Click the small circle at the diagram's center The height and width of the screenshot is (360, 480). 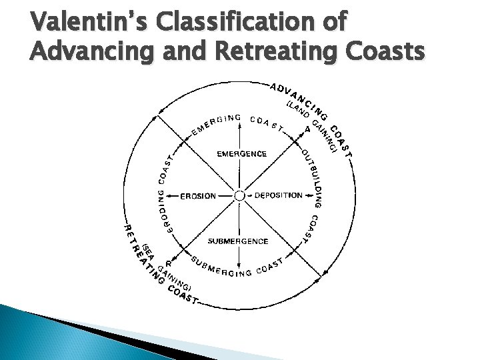point(239,196)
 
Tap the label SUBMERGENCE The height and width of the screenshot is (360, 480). point(238,241)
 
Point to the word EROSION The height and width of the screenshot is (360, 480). point(198,196)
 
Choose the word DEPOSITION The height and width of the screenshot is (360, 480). point(278,196)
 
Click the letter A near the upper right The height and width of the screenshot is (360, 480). point(307,129)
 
